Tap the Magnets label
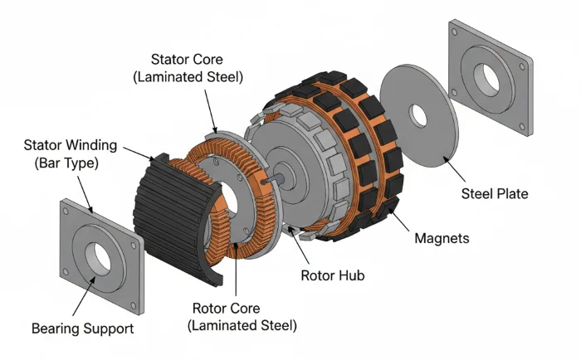(x=441, y=238)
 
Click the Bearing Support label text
(x=82, y=328)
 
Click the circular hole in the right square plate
(x=490, y=77)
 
